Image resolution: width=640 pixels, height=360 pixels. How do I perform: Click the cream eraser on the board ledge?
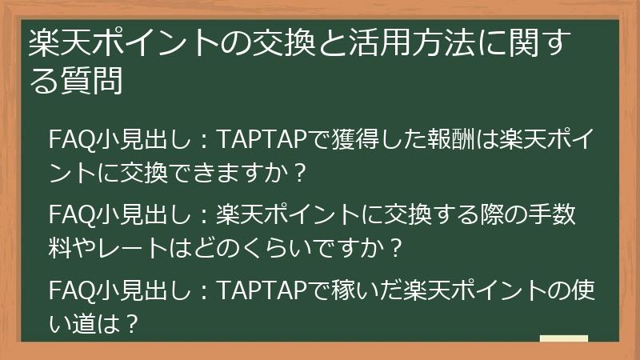564,340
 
